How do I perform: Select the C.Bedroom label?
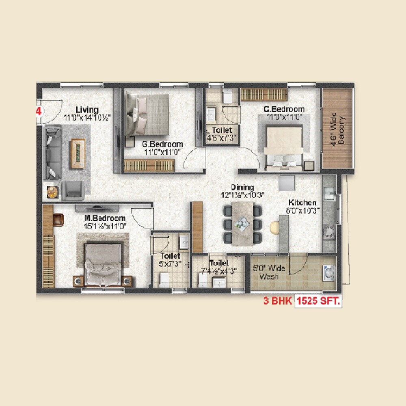[284, 109]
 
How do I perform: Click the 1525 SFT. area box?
[318, 302]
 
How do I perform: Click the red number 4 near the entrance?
[39, 112]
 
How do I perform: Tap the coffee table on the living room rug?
[78, 153]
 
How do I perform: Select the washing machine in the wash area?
[328, 272]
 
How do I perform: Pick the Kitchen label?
[302, 202]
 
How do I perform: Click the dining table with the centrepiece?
[242, 223]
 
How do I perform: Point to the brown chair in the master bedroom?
[59, 219]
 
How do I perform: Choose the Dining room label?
[242, 188]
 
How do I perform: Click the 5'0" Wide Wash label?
[269, 272]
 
